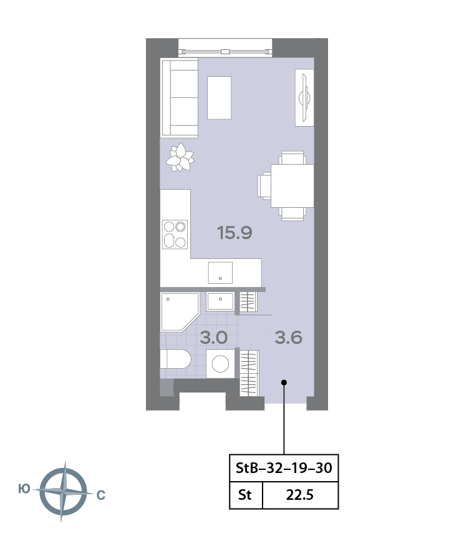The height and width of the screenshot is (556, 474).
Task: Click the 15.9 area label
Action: coord(235,233)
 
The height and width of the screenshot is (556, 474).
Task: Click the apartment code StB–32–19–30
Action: coord(284,468)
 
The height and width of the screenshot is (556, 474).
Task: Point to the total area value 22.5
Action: coord(300,495)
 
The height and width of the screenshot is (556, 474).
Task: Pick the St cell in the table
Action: coord(244,495)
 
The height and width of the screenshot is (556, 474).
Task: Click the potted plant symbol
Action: coord(180,157)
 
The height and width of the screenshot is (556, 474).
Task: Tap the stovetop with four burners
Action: coord(175,235)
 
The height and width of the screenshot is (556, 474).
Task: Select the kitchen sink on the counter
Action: coord(220,273)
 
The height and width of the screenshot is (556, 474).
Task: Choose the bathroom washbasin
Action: coord(220,301)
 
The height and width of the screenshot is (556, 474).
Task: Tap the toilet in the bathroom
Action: coord(175,359)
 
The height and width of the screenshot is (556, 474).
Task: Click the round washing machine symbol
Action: coord(220,364)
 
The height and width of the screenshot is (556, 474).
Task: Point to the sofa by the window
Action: coord(180,98)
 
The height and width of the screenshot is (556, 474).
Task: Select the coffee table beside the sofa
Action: coord(219,98)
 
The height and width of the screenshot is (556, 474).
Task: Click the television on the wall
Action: coord(304,97)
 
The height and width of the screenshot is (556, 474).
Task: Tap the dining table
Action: coord(293,186)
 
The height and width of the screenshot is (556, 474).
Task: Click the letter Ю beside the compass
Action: coord(24,489)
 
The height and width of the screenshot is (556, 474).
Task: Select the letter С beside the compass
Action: coord(101,495)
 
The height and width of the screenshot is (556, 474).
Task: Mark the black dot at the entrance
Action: coord(284,383)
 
